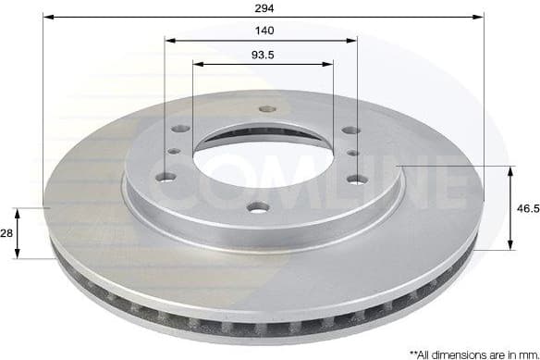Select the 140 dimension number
click(x=263, y=31)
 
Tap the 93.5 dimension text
click(x=263, y=54)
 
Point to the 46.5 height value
click(x=527, y=209)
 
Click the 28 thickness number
click(x=6, y=234)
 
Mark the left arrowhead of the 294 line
click(x=47, y=17)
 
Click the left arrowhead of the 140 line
click(x=169, y=40)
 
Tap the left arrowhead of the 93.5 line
click(x=197, y=64)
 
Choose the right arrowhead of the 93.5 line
click(x=328, y=64)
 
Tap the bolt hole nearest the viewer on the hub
click(x=259, y=206)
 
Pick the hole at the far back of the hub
click(x=267, y=108)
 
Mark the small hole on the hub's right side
click(x=352, y=152)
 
